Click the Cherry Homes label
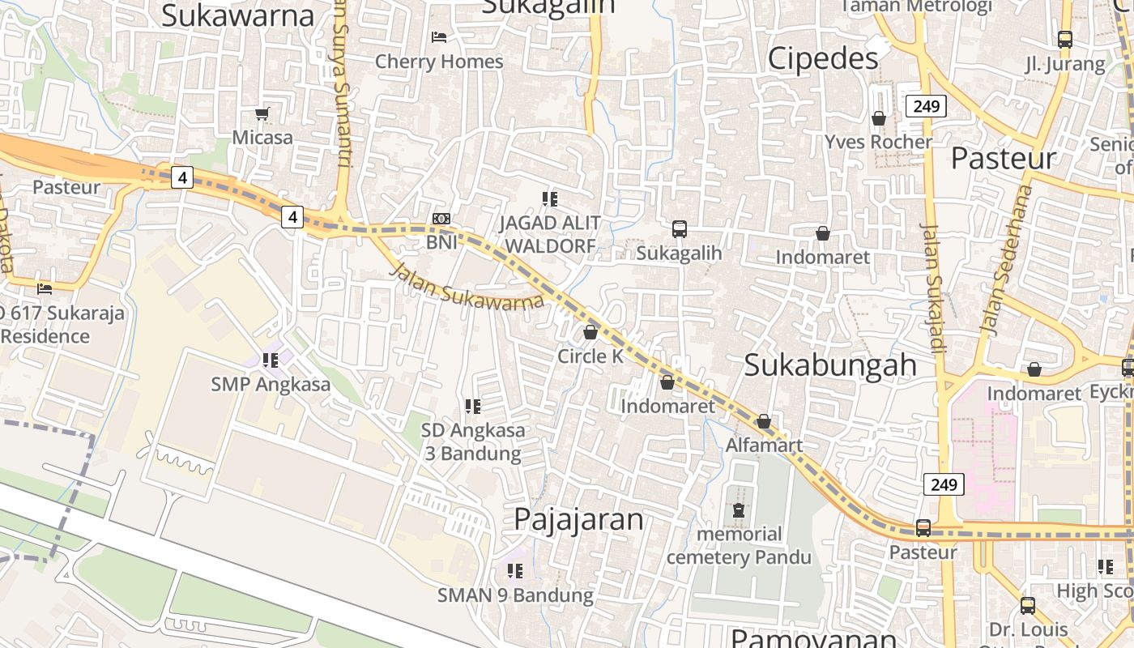pos(439,62)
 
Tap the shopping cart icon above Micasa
pos(262,113)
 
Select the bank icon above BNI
pos(441,219)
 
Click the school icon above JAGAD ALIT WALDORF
pos(550,198)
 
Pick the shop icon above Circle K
pos(590,332)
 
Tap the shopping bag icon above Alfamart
pos(763,421)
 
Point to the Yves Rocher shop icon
pos(879,118)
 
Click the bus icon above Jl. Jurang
pos(1065,39)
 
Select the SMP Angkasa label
pos(271,384)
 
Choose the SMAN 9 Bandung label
pos(515,595)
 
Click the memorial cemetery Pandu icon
pos(738,510)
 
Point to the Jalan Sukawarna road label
pos(467,287)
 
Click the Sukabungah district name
pos(830,365)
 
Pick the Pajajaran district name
pos(578,519)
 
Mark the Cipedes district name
pos(822,58)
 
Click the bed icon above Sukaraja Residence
pos(45,288)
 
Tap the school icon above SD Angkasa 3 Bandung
pos(473,406)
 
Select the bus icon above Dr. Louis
pos(1028,605)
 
